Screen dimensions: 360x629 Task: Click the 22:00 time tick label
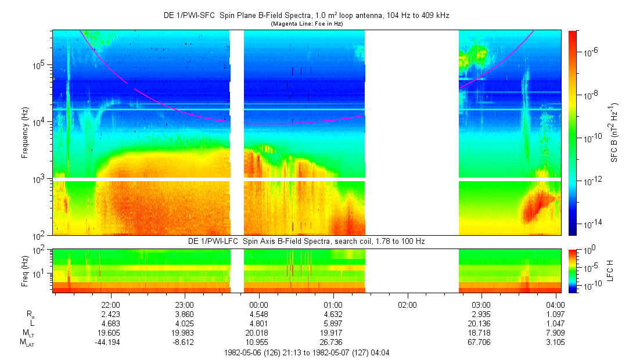point(110,304)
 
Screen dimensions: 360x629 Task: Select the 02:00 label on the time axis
point(407,304)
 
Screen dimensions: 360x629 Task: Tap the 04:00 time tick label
point(556,304)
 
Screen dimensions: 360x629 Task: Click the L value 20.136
point(481,323)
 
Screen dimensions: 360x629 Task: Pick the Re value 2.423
point(110,314)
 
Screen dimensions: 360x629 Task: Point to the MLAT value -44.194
point(110,343)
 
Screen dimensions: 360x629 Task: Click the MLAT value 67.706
point(481,343)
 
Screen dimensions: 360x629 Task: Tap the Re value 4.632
point(333,314)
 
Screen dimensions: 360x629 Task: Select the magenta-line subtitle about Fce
point(307,24)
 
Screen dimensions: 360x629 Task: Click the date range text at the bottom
point(307,352)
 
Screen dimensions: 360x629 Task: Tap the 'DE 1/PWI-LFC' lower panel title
point(307,240)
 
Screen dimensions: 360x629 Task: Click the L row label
point(31,323)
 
